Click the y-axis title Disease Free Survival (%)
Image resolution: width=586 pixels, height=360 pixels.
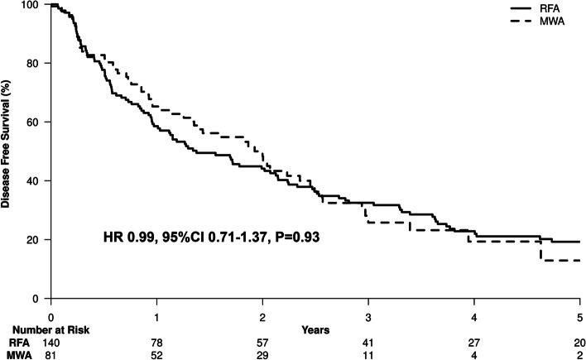(x=7, y=149)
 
